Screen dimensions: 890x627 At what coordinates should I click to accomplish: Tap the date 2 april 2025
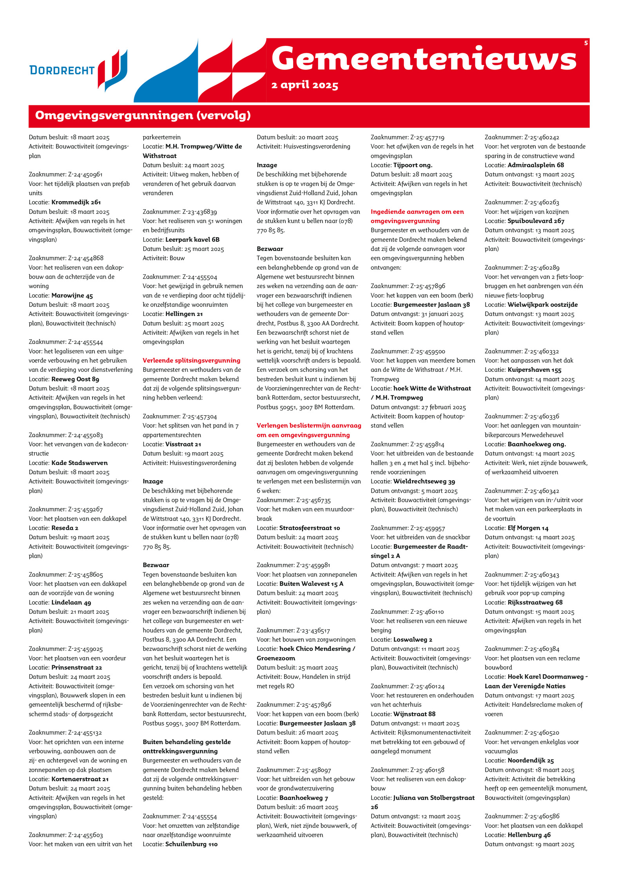304,85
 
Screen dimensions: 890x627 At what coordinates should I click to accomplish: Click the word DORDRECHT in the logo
62,70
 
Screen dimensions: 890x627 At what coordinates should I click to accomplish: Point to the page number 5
586,43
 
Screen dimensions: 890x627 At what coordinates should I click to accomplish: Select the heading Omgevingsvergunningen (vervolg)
143,116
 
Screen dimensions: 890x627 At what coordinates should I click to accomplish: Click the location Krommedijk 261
76,202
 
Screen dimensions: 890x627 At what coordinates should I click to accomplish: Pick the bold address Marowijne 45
72,295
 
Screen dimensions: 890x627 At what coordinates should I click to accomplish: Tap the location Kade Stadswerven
80,463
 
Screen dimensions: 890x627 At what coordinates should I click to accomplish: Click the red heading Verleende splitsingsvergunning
191,360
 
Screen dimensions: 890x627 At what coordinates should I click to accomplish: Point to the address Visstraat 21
183,444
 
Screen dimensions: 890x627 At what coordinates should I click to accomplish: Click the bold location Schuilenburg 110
191,844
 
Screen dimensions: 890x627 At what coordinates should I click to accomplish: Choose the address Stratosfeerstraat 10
310,528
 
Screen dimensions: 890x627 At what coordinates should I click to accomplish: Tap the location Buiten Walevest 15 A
311,584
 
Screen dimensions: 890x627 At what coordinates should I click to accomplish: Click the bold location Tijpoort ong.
413,165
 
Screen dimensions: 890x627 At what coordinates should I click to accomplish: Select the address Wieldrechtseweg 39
424,481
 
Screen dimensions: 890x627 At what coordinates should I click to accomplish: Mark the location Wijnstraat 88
414,714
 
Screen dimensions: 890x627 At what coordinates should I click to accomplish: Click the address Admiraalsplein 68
536,165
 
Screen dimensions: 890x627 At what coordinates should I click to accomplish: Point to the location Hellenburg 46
529,835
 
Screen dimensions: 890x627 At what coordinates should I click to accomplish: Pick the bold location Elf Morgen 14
528,528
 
